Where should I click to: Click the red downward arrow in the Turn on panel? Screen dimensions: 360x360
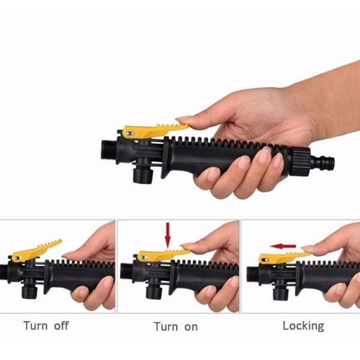click(168, 235)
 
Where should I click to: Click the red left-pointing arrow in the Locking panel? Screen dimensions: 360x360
click(283, 247)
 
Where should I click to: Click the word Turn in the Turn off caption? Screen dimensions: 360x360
click(35, 326)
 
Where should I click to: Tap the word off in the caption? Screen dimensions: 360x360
click(61, 326)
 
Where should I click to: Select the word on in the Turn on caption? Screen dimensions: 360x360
click(191, 327)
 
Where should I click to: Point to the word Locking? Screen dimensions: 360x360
click(303, 326)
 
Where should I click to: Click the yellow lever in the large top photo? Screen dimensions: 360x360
click(152, 131)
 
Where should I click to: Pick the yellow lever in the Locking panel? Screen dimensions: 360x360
click(283, 258)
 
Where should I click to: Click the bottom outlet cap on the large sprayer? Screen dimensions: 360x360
click(143, 175)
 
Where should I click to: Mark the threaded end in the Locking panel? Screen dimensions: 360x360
click(253, 274)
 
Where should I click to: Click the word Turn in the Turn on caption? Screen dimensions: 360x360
click(166, 327)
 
